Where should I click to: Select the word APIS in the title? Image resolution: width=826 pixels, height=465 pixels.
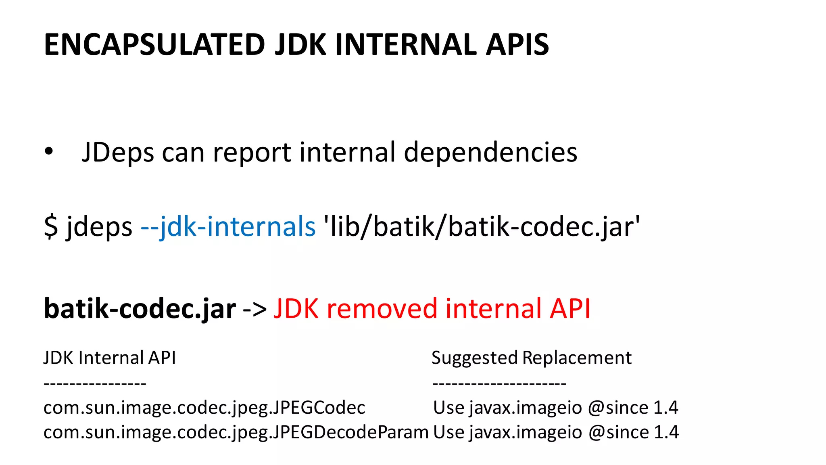tap(517, 44)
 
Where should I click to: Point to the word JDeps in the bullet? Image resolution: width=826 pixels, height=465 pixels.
tap(118, 153)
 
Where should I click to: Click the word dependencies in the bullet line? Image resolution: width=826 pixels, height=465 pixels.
tap(490, 153)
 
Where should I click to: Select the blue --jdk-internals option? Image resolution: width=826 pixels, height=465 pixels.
tap(228, 226)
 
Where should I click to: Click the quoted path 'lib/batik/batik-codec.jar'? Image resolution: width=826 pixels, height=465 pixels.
tap(482, 226)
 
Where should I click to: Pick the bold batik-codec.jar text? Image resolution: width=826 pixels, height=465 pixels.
tap(140, 308)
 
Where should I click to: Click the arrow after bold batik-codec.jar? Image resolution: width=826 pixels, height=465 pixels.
tap(255, 309)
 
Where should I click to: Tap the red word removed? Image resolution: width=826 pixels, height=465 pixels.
tap(382, 308)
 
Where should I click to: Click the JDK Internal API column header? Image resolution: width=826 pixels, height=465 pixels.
tap(110, 358)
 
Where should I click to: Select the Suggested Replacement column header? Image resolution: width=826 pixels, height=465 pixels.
tap(532, 358)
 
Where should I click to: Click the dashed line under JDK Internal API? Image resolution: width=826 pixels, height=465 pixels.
tap(95, 383)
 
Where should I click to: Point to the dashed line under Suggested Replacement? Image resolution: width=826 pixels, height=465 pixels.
tap(499, 383)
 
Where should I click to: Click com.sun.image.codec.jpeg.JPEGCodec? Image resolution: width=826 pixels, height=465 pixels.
tap(204, 408)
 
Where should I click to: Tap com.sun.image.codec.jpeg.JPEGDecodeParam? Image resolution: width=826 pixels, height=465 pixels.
tap(236, 432)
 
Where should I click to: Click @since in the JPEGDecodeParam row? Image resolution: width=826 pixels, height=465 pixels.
tap(619, 432)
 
